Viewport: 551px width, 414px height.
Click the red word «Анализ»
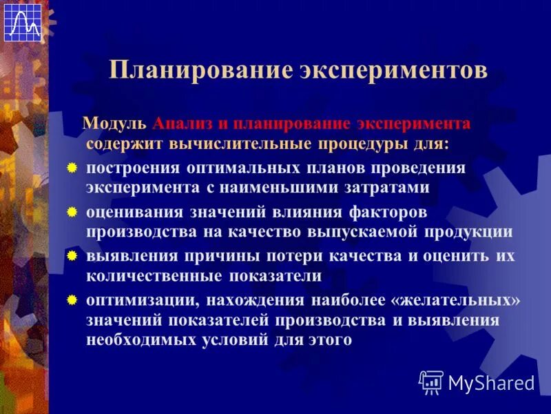[180, 124]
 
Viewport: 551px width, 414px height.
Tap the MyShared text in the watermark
[491, 382]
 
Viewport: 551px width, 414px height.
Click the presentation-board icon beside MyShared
[431, 382]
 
